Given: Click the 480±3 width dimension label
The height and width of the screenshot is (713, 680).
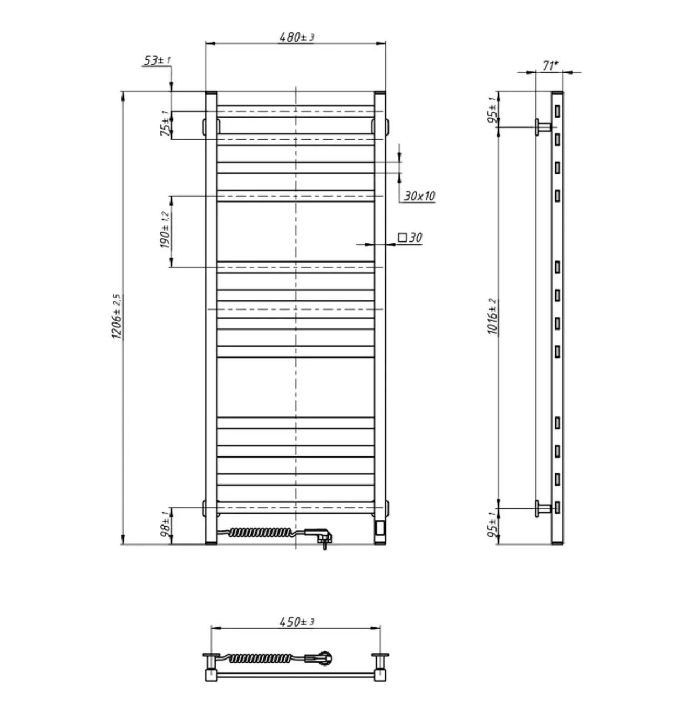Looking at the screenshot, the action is tap(296, 37).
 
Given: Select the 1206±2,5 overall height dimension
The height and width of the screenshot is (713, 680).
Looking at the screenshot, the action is tap(117, 317).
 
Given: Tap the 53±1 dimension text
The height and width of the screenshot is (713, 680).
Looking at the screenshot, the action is tap(157, 60).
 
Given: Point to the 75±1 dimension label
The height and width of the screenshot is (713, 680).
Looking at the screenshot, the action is tap(165, 123).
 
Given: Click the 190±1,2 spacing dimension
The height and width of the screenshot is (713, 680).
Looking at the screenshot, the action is tap(165, 230).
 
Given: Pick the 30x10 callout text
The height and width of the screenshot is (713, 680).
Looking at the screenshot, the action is tap(419, 196).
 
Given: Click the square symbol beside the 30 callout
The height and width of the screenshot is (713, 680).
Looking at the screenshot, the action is tap(402, 238).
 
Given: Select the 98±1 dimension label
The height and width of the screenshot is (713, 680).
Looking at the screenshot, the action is tap(165, 524).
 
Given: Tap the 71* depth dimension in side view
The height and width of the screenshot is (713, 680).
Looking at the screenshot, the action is tap(550, 66).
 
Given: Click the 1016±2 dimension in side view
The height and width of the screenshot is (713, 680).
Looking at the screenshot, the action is tap(493, 316).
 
